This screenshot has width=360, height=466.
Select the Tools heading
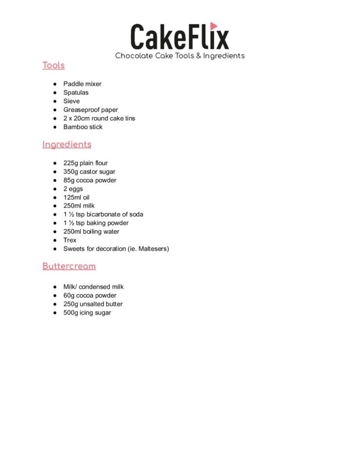(x=54, y=65)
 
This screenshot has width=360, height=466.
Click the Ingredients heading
(x=67, y=145)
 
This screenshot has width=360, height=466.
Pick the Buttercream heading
(x=69, y=266)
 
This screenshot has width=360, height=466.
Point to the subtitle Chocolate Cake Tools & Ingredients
(x=179, y=56)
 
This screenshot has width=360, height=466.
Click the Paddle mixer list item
(x=82, y=84)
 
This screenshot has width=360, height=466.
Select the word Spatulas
(x=76, y=93)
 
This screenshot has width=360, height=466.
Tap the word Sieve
(x=71, y=101)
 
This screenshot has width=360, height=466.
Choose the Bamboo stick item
(x=83, y=127)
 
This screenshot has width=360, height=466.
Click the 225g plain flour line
(x=86, y=163)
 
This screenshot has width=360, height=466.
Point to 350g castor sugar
(x=89, y=172)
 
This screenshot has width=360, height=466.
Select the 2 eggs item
(x=73, y=189)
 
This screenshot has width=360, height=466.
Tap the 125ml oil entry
(x=76, y=198)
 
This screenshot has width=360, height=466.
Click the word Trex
(x=70, y=240)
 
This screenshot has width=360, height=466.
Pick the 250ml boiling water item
(x=91, y=232)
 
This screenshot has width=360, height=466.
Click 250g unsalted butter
(x=93, y=304)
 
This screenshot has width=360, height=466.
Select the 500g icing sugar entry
(x=87, y=313)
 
